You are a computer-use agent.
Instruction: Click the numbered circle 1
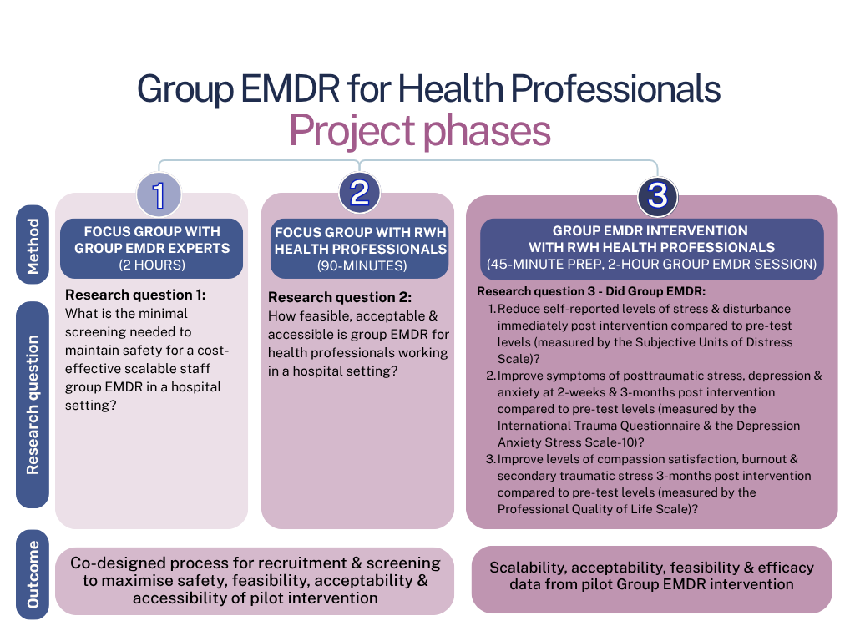tap(159, 194)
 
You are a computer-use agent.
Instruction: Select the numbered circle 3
tap(657, 196)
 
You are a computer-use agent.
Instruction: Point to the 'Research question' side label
tap(33, 405)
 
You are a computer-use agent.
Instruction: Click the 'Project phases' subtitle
tap(419, 131)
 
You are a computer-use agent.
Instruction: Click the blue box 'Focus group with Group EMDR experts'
tap(151, 248)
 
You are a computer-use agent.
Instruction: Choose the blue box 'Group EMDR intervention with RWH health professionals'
tap(651, 247)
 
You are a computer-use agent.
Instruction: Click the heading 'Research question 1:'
tap(135, 295)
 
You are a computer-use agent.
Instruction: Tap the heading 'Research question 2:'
tap(340, 297)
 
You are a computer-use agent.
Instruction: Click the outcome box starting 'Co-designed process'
tap(255, 581)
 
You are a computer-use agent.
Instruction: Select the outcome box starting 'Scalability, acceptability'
tap(651, 576)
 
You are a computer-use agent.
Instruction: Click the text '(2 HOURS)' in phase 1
tap(151, 265)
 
